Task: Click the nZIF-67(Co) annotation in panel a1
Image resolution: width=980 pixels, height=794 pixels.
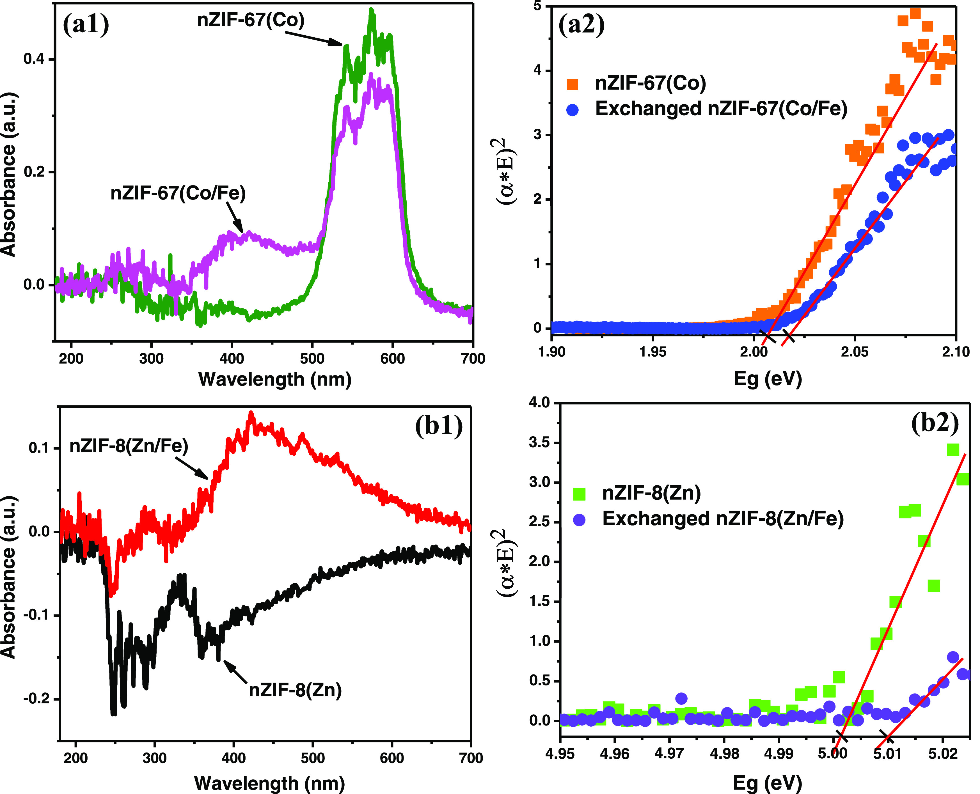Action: point(251,20)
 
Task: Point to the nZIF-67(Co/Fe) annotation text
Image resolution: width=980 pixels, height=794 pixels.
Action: point(178,193)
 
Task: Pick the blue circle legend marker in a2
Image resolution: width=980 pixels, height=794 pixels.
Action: point(572,110)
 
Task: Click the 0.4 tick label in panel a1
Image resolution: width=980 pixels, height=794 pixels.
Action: point(34,59)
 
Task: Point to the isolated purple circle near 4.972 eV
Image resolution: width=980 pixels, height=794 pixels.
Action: point(681,698)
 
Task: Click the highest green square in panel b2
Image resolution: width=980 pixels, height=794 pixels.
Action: point(952,449)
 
